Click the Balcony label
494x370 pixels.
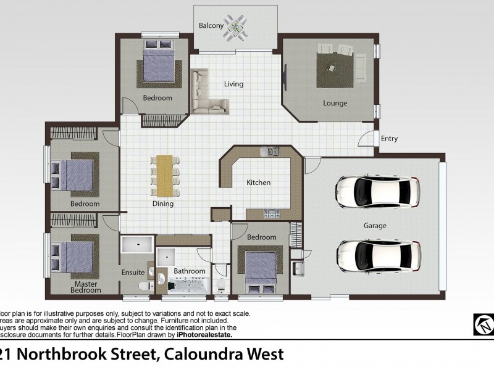pos(211,26)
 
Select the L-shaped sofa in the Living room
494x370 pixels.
pos(207,96)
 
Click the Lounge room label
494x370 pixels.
pos(335,103)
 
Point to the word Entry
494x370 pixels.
pos(389,139)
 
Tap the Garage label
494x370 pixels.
pos(375,226)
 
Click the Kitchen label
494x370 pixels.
pos(258,183)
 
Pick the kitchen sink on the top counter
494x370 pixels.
pos(270,151)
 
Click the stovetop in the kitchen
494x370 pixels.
pos(272,214)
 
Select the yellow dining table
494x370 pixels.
pos(164,174)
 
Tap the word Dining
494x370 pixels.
pos(163,203)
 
